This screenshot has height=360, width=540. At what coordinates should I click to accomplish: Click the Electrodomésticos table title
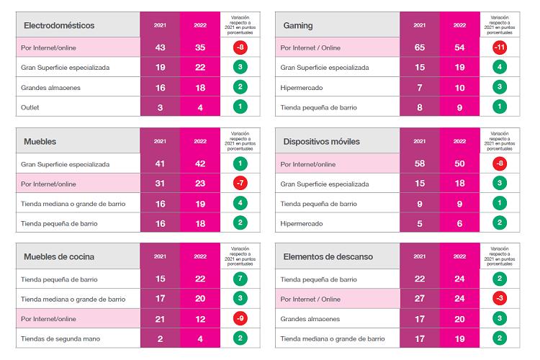coord(59,25)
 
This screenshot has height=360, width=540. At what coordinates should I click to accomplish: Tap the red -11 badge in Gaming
coord(498,48)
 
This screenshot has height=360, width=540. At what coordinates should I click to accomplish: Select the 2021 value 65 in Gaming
coord(419,48)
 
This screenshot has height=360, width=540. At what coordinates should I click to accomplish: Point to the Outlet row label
coord(35,107)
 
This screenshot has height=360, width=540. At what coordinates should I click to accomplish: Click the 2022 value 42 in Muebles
coord(199,164)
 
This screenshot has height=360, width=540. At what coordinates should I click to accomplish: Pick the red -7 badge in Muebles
coord(238,184)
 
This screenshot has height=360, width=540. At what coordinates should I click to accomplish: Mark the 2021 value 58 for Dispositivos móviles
coord(419,164)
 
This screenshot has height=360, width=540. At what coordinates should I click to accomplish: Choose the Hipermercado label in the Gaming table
coord(302,88)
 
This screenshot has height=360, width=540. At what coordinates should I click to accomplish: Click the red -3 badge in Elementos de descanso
coord(498,299)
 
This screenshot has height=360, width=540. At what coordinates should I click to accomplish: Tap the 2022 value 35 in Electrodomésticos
coord(199,48)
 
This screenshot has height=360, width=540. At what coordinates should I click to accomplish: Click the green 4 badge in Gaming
coord(498,68)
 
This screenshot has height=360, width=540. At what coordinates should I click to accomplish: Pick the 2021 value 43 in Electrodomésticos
coord(160,48)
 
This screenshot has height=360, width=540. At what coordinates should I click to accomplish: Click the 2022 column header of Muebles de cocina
coord(199,256)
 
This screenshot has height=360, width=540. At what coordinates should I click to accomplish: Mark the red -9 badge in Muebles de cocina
coord(238,318)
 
